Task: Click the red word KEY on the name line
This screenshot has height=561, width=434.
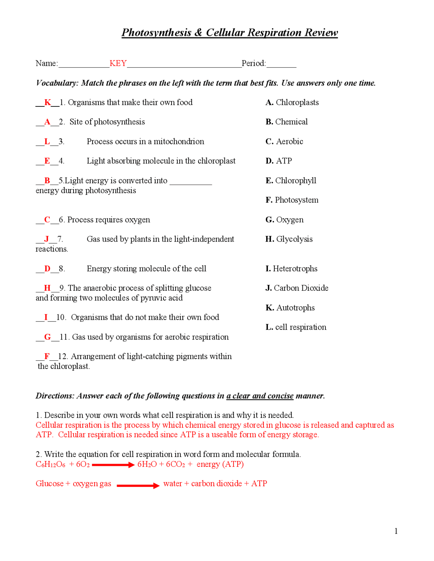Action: point(118,63)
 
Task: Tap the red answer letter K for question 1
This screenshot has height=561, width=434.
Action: point(47,102)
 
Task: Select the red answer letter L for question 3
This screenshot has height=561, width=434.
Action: point(47,141)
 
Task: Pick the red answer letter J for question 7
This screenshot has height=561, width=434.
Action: point(46,239)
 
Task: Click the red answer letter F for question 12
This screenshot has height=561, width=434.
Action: point(47,356)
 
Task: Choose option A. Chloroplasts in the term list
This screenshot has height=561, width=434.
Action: point(292,102)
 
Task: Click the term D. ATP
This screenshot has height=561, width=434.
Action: point(278,161)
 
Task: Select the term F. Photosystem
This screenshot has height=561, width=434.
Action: point(292,200)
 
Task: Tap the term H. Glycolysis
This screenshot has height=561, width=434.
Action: point(289,239)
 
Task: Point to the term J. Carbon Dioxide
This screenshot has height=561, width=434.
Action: point(297,288)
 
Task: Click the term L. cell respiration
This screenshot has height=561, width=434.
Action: point(296,327)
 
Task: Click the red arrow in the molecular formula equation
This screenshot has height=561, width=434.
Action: point(113,465)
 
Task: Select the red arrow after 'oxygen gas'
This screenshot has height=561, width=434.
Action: point(138,485)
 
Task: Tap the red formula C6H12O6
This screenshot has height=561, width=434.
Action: point(51,464)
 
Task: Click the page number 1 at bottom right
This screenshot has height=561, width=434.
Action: point(396,531)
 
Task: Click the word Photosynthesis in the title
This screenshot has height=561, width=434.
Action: point(156,33)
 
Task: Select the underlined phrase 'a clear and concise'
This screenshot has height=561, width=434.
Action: point(260,396)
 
